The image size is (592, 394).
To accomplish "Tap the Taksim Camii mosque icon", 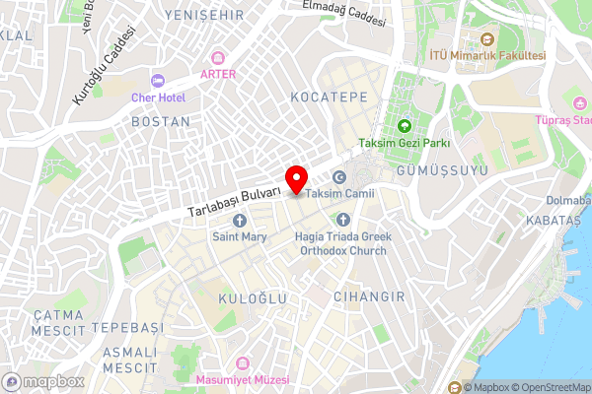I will tap(339, 178).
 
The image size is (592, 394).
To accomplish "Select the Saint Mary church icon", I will tap(239, 221).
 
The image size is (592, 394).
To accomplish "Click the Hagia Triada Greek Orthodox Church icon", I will tap(344, 220).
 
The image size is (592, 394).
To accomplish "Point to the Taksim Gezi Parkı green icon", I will tap(404, 126).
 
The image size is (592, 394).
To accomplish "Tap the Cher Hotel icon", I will tap(156, 81).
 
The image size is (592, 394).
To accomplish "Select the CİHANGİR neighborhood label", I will tap(364, 295).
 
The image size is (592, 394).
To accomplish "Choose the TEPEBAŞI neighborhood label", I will tap(125, 326).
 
